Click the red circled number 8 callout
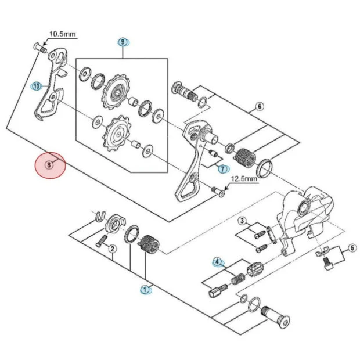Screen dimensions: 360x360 tap(50, 164)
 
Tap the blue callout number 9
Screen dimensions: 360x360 tap(123, 42)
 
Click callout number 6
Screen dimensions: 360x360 tap(259, 106)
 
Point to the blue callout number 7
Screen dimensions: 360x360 tap(221, 168)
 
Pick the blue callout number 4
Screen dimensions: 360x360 tap(218, 262)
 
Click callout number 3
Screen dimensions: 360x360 tap(242, 221)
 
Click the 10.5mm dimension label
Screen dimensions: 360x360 tap(62, 34)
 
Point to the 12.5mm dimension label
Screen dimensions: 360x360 tap(244, 179)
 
